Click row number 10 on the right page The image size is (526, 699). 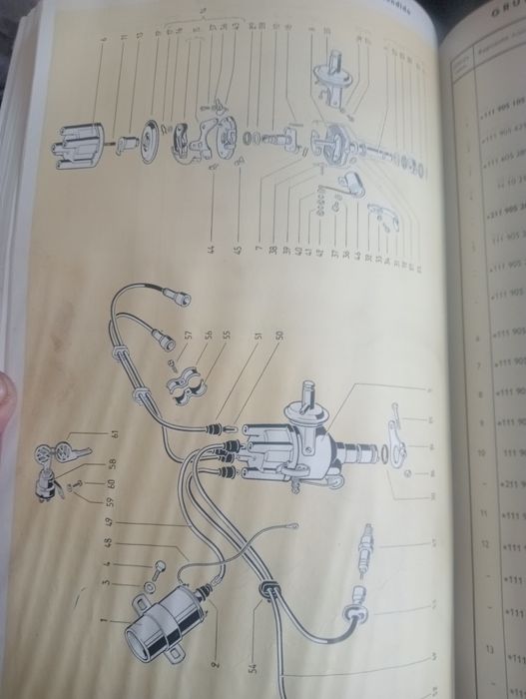[x=481, y=451]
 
